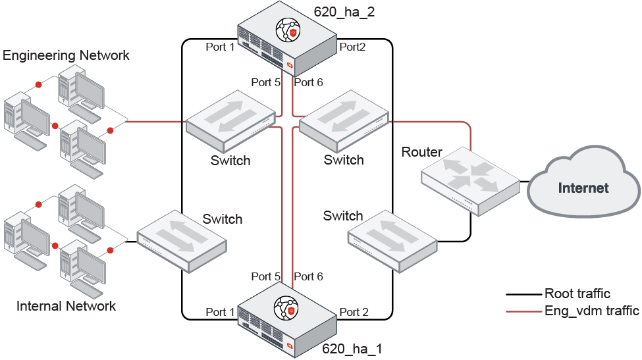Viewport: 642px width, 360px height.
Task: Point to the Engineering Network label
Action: (67, 55)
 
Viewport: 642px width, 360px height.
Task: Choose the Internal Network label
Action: (66, 306)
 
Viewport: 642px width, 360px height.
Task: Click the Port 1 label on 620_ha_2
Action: (220, 47)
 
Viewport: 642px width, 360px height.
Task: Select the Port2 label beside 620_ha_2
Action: (352, 47)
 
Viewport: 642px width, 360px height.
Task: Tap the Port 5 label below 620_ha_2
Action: (265, 82)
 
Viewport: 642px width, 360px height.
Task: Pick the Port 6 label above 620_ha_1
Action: (308, 276)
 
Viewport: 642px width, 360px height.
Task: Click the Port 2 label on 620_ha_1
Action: (354, 311)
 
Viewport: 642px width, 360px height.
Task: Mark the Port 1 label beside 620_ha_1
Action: (220, 311)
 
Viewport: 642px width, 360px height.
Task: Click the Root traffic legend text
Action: (577, 294)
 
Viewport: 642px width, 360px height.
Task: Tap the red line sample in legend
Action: (523, 311)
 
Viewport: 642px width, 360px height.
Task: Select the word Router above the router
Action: (421, 152)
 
